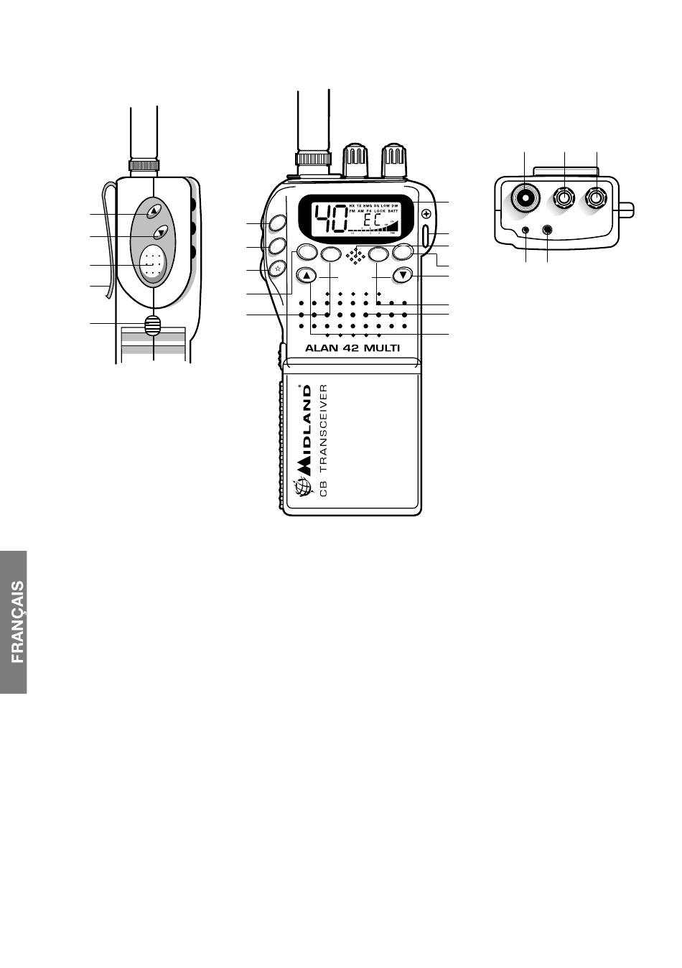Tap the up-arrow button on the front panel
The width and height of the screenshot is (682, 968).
click(307, 274)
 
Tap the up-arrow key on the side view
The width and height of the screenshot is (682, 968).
click(154, 211)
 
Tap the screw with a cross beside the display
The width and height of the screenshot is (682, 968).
click(426, 213)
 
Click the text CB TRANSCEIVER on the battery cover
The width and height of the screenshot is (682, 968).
click(324, 440)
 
